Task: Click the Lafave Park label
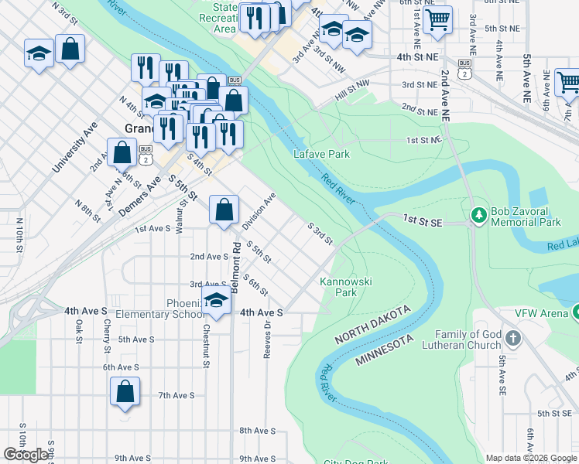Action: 321,154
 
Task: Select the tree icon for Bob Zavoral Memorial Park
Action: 478,213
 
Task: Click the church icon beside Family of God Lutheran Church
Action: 514,339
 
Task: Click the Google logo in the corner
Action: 26,455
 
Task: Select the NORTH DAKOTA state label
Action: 372,325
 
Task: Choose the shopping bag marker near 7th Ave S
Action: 125,392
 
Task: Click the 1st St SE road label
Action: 422,222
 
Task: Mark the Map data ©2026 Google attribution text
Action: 531,458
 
